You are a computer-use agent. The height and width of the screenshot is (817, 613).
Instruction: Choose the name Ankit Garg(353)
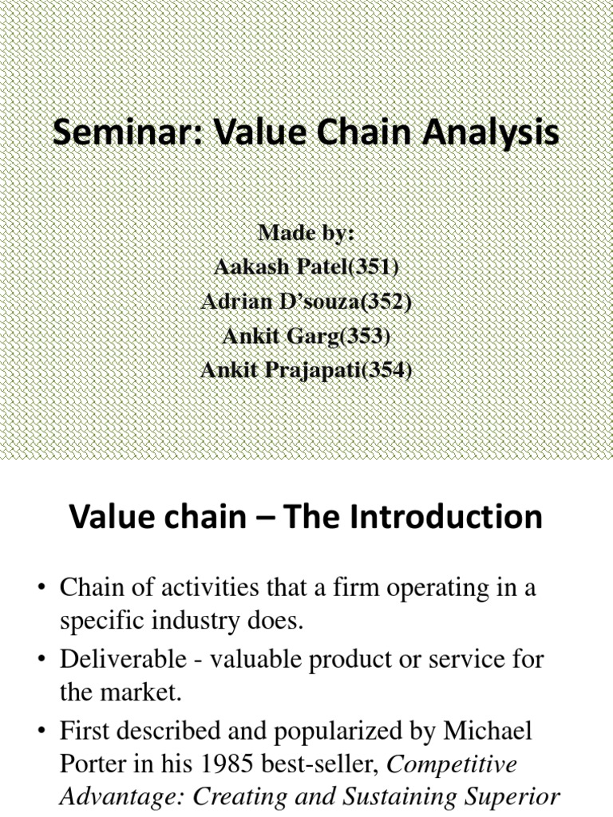click(306, 336)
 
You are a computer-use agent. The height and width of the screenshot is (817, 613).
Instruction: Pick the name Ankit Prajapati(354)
click(306, 370)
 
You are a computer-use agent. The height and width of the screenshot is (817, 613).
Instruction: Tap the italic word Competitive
click(453, 764)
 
